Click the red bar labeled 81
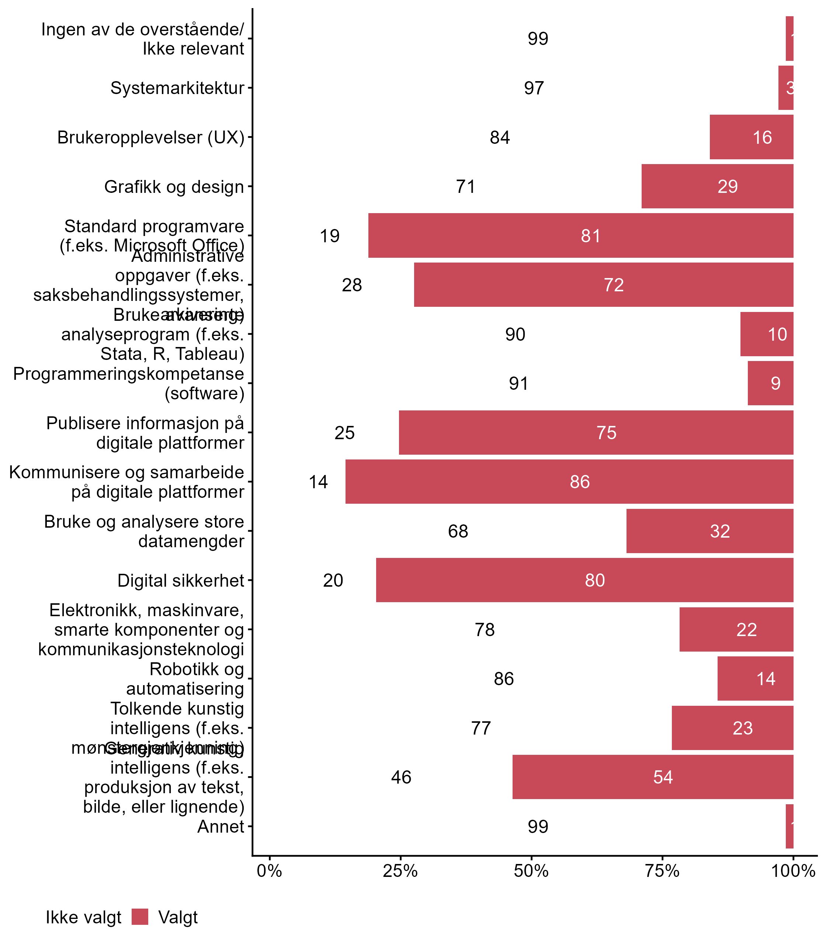581,236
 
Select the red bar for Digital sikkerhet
584,580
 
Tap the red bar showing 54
653,777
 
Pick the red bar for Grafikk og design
717,186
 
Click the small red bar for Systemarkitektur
786,88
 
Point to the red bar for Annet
789,826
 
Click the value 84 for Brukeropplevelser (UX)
500,137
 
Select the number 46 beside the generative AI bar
401,777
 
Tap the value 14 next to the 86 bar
318,482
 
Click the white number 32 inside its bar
720,531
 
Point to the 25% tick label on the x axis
400,871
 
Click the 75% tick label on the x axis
662,871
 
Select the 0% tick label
269,871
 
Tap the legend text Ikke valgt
83,917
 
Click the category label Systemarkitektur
177,88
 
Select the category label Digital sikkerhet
181,580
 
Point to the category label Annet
221,826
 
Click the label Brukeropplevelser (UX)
151,137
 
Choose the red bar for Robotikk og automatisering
756,678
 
